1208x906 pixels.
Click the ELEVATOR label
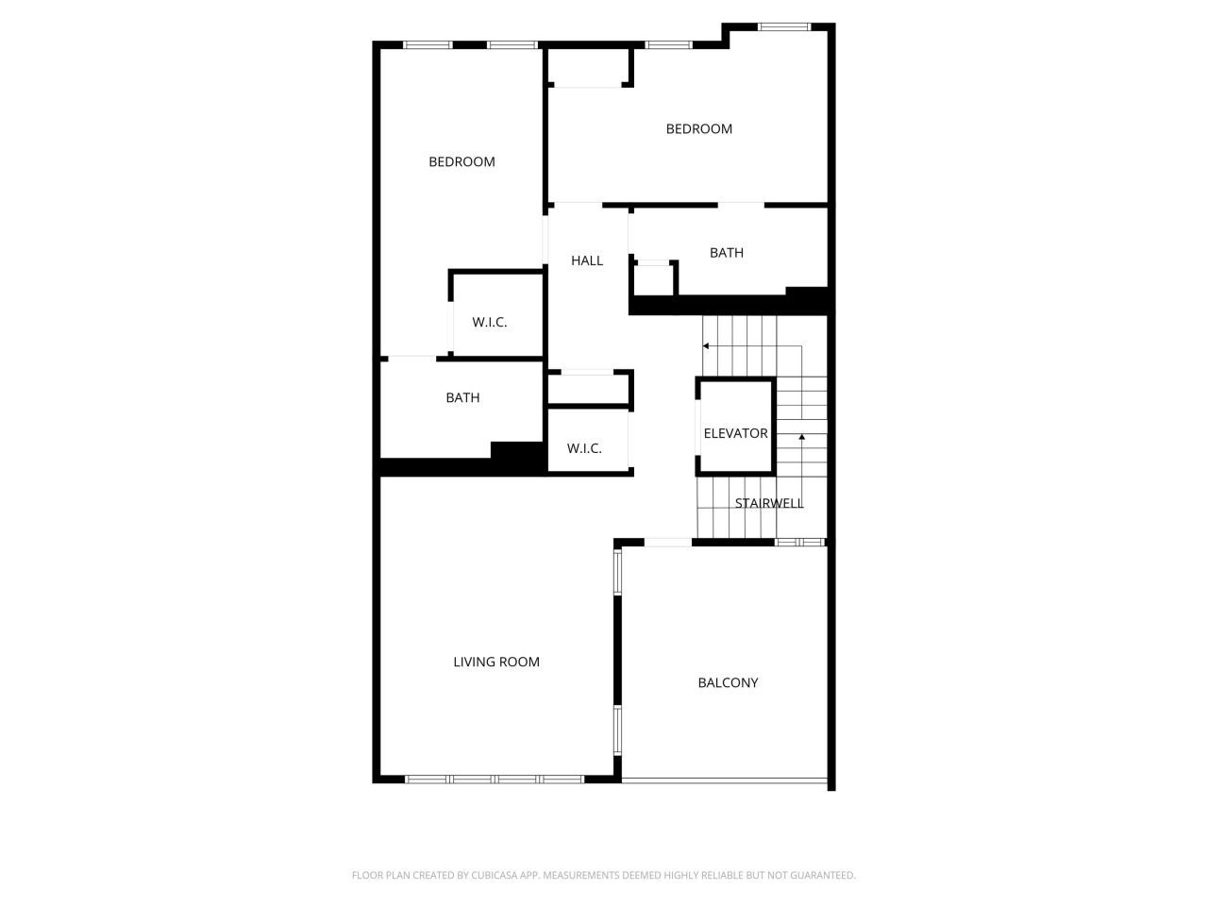tap(735, 433)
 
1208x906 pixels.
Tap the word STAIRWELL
tap(769, 503)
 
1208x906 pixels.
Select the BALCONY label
tap(728, 682)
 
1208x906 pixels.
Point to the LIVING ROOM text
tap(496, 662)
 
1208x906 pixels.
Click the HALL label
tap(587, 260)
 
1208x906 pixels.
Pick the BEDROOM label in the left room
tap(461, 161)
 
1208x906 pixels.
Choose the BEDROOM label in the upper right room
tap(698, 128)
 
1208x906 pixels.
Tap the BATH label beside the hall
tap(726, 252)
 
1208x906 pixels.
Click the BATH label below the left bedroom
tap(462, 397)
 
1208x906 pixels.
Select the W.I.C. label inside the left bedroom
tap(490, 322)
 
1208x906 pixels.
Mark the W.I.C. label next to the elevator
tap(584, 448)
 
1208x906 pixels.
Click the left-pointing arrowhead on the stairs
tap(706, 346)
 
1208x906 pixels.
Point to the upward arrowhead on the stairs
tap(801, 437)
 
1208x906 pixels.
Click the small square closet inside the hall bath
tap(654, 278)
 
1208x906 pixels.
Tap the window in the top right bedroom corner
tap(784, 27)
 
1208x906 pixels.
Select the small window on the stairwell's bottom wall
tap(799, 542)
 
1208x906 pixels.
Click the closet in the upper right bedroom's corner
tap(589, 67)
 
